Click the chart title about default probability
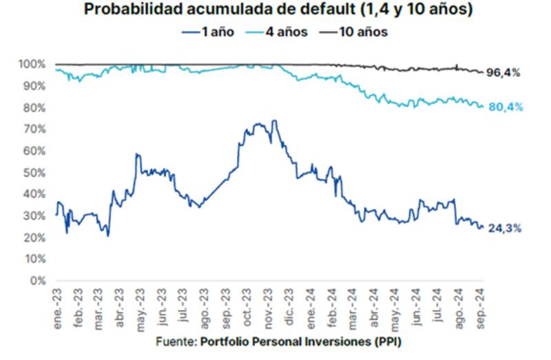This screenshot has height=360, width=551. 275,10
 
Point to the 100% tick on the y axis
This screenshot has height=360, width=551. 32,64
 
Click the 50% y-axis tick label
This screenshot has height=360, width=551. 34,173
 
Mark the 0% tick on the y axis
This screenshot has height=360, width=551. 37,281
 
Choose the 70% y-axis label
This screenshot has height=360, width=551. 34,129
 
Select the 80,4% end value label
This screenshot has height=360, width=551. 504,107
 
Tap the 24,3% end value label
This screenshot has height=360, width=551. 504,229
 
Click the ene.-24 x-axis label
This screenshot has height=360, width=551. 312,307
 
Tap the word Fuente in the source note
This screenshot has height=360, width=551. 174,342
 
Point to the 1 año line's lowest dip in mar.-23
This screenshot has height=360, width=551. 108,236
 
